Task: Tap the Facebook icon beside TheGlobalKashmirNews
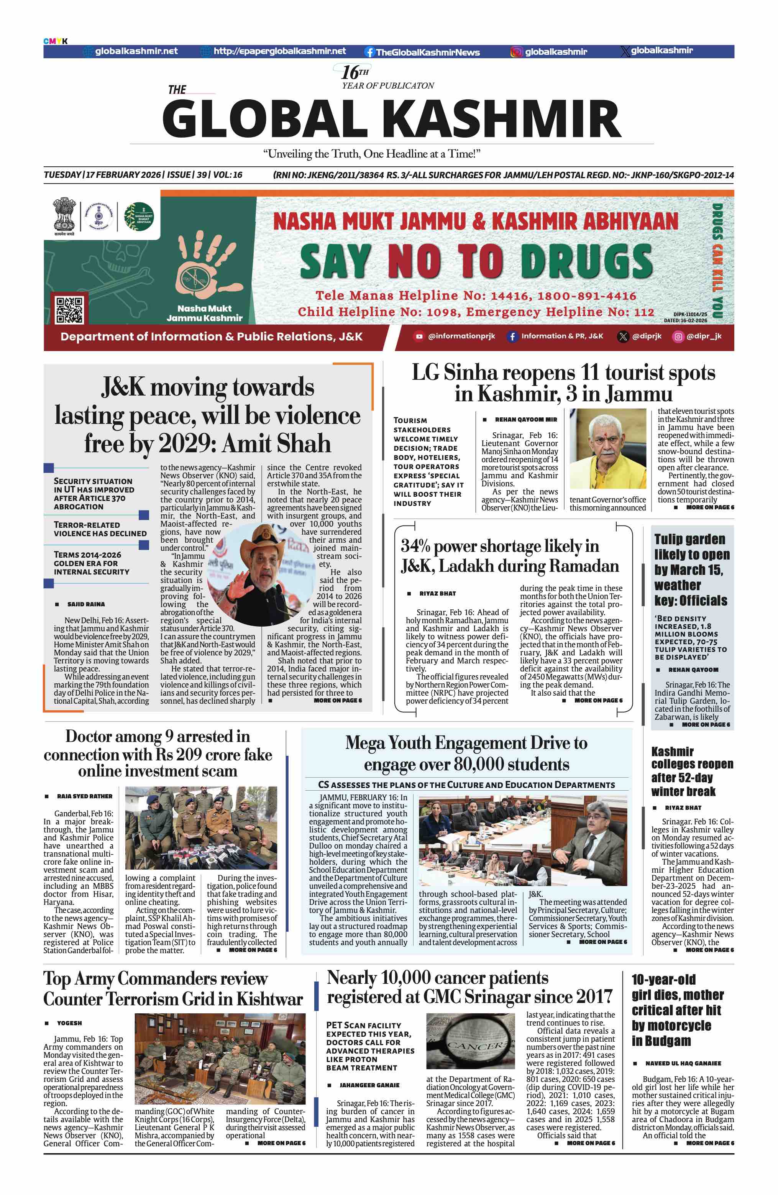click(369, 52)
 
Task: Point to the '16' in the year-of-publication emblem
click(350, 72)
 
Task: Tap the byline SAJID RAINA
click(86, 604)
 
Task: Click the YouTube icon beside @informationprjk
click(419, 337)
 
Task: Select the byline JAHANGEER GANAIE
click(369, 1085)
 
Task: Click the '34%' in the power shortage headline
click(415, 546)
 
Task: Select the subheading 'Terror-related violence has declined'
click(100, 529)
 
